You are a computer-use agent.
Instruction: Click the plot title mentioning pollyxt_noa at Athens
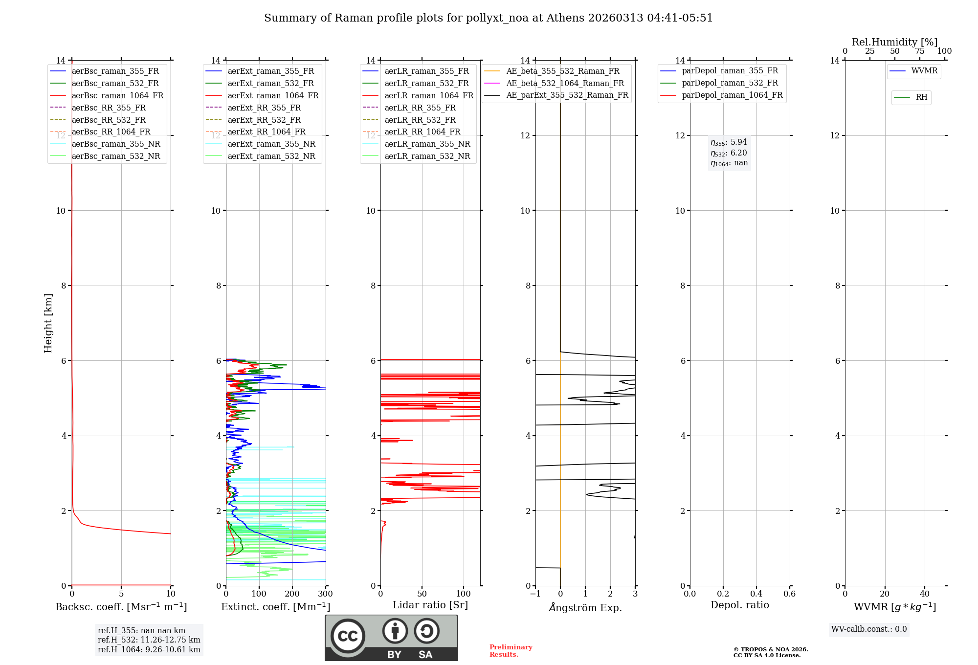[x=488, y=18]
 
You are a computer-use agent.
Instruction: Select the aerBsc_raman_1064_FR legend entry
[x=117, y=95]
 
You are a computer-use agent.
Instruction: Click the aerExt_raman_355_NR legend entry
[x=271, y=144]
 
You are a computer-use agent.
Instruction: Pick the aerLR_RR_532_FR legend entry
[x=420, y=120]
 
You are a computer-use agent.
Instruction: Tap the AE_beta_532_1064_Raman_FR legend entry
[x=565, y=83]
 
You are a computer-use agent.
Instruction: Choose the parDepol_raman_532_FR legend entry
[x=730, y=83]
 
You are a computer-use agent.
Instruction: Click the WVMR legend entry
[x=924, y=71]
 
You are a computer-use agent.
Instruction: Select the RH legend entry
[x=921, y=97]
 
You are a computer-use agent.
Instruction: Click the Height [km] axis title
[x=48, y=323]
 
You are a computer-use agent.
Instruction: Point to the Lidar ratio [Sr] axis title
[x=430, y=605]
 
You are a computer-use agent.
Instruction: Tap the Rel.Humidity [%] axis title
[x=894, y=42]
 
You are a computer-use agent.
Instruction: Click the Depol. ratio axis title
[x=739, y=605]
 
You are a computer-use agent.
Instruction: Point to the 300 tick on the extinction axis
[x=325, y=594]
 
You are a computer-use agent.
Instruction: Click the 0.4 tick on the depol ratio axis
[x=756, y=594]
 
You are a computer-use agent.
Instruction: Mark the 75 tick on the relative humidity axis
[x=920, y=51]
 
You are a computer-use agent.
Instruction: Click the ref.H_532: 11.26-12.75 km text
[x=149, y=640]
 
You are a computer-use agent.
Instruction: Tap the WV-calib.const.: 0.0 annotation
[x=869, y=629]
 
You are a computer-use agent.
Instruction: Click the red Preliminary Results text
[x=511, y=651]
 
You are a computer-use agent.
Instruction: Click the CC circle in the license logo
[x=348, y=636]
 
